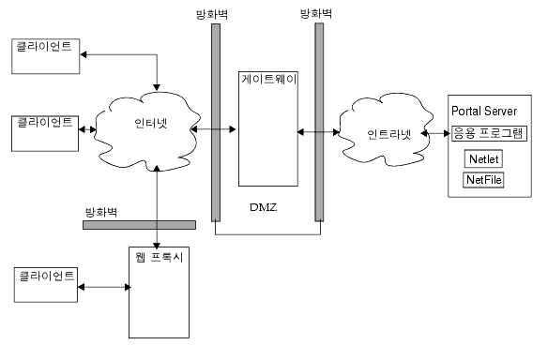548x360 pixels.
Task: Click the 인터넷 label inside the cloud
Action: click(145, 124)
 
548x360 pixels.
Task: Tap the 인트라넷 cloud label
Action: click(388, 133)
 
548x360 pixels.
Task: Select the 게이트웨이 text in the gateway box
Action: click(268, 80)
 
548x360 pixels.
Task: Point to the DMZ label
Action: click(266, 204)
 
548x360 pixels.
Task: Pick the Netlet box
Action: click(482, 158)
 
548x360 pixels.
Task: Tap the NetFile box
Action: click(483, 179)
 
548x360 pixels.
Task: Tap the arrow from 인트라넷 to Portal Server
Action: click(435, 133)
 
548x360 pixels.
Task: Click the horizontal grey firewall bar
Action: click(139, 224)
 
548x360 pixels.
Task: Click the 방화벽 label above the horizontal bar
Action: click(100, 212)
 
